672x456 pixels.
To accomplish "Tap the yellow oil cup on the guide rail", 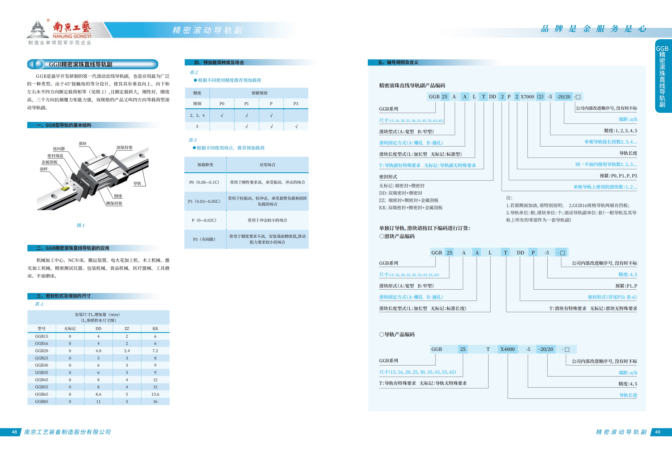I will (65, 189).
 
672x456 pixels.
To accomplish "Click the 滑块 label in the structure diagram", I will (83, 144).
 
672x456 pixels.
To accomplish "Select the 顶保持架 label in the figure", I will (124, 148).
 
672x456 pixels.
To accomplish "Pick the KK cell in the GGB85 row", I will (155, 402).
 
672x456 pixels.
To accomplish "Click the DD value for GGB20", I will (98, 351).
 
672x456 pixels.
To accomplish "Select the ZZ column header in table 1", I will (127, 328).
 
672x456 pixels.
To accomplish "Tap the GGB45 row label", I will (42, 380).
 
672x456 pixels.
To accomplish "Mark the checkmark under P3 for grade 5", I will (296, 126).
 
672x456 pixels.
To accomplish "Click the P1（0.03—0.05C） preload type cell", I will (204, 201).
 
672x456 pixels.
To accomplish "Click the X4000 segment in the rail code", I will (507, 349).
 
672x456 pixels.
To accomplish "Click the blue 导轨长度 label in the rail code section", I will (628, 395).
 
